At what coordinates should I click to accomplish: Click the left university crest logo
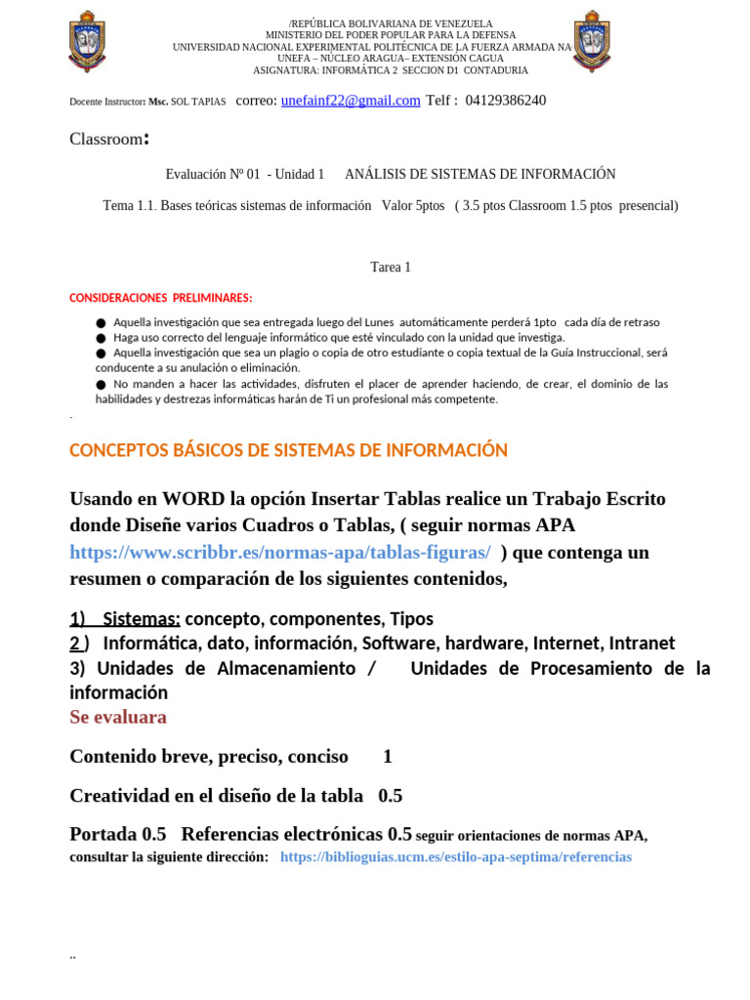tap(87, 41)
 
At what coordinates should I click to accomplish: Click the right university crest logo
tap(592, 41)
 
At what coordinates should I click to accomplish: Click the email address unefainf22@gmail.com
tap(351, 101)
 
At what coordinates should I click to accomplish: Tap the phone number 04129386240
tap(506, 101)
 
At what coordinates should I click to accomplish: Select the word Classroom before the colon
tap(105, 139)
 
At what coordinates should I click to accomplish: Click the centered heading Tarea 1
tap(391, 268)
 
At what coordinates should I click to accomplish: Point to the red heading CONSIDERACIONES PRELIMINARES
tap(161, 298)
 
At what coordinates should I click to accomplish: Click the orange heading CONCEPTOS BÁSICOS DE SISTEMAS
tap(289, 450)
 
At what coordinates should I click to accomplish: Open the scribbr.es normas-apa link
tap(280, 553)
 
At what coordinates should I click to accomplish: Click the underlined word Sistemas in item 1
tap(141, 619)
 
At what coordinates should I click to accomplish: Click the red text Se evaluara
tap(118, 718)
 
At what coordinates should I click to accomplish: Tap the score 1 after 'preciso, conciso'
tap(388, 757)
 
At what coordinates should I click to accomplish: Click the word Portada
tap(103, 835)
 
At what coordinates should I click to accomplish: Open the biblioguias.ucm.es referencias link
tap(456, 857)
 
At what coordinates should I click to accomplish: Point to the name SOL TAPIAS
tap(198, 102)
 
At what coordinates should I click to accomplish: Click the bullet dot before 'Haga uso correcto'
tap(101, 337)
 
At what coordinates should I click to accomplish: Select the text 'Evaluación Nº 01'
tap(213, 175)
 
